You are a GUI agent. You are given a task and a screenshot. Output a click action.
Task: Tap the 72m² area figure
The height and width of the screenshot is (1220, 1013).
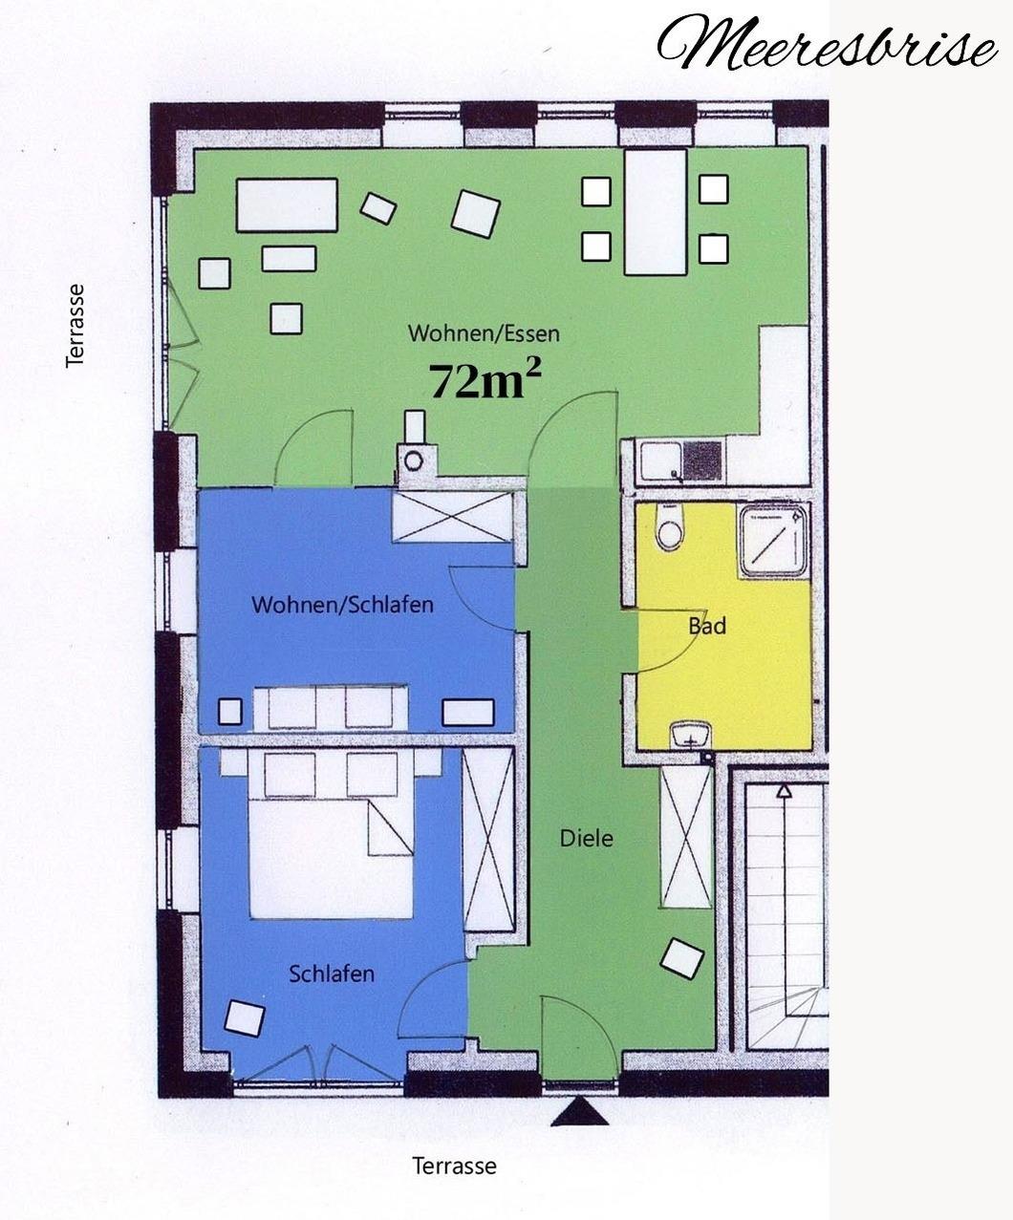(485, 380)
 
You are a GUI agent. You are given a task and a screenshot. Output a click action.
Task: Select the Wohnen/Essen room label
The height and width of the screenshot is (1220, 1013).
(484, 333)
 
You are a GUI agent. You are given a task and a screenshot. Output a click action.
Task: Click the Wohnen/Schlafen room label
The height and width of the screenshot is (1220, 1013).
(342, 604)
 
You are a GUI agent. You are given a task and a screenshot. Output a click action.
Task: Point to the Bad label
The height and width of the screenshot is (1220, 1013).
(707, 626)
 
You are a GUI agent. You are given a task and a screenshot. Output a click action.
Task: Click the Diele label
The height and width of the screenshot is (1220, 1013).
(586, 839)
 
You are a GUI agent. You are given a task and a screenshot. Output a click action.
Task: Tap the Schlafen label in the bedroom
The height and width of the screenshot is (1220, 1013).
(332, 974)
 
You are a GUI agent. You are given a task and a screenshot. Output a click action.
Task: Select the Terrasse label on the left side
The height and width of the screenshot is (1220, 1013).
(75, 326)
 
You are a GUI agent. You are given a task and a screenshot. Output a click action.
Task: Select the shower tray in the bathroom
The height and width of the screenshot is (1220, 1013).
(774, 540)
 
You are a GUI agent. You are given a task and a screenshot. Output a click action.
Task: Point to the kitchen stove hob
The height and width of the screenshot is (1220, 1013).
(702, 460)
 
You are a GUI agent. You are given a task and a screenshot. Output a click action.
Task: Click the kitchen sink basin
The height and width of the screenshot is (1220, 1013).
(661, 461)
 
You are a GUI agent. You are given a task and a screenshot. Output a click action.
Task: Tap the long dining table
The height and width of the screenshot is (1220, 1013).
(656, 212)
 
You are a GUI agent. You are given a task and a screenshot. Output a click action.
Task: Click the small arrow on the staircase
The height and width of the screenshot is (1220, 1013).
(784, 790)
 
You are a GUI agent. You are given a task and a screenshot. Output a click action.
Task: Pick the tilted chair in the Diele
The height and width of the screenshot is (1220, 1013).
(682, 957)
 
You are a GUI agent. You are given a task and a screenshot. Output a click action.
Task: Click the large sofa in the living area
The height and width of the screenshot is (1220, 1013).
(287, 205)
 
